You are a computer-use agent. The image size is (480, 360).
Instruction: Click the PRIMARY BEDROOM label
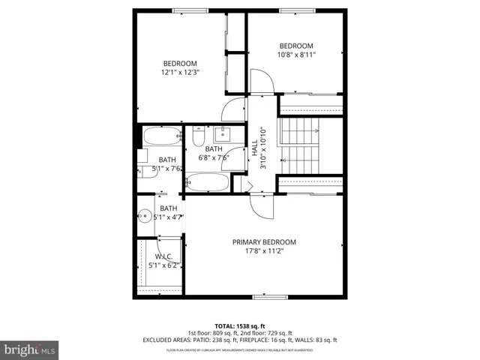click(263, 242)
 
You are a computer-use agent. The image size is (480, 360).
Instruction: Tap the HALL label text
click(255, 142)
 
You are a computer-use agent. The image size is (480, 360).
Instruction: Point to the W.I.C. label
click(164, 256)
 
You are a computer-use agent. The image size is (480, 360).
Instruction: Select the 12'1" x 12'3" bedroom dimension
click(180, 72)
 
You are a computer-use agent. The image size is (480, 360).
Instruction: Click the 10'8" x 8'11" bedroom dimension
click(296, 54)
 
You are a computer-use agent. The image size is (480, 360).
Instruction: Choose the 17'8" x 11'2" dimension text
click(263, 251)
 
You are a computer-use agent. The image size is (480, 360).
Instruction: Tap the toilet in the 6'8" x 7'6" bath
click(198, 136)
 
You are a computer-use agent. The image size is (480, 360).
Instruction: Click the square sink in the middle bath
click(222, 134)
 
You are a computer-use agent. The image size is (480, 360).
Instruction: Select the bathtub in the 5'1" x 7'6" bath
click(162, 136)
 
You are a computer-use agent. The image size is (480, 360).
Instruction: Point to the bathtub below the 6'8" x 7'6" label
click(208, 182)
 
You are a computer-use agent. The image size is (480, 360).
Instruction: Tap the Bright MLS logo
click(30, 349)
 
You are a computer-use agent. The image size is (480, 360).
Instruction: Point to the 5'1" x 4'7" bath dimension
click(168, 217)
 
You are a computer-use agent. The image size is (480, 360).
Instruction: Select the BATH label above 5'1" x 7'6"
click(166, 160)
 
